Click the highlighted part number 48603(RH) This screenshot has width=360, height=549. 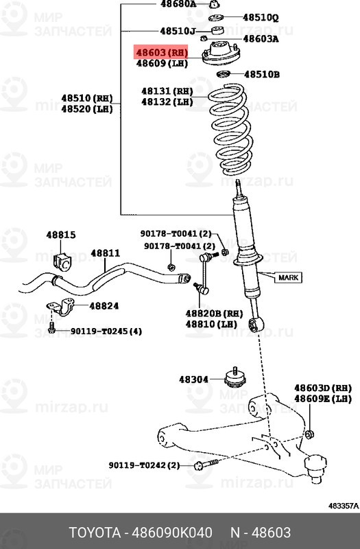pyautogui.click(x=161, y=51)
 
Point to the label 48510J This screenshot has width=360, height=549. pyautogui.click(x=178, y=31)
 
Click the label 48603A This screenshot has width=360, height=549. pyautogui.click(x=261, y=39)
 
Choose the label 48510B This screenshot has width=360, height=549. pyautogui.click(x=262, y=74)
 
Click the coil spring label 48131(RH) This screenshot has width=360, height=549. pyautogui.click(x=167, y=91)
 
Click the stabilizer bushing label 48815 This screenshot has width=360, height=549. pyautogui.click(x=61, y=235)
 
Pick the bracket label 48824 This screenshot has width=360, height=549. pyautogui.click(x=104, y=306)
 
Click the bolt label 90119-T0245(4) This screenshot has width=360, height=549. pyautogui.click(x=106, y=331)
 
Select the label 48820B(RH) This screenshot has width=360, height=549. pyautogui.click(x=214, y=312)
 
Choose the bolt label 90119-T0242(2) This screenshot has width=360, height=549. pyautogui.click(x=144, y=465)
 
